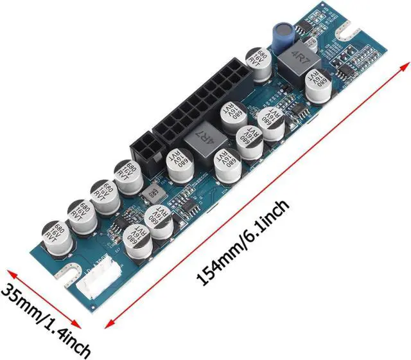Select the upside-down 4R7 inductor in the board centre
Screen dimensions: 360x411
(202, 136)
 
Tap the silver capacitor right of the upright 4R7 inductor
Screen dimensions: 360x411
(319, 87)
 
